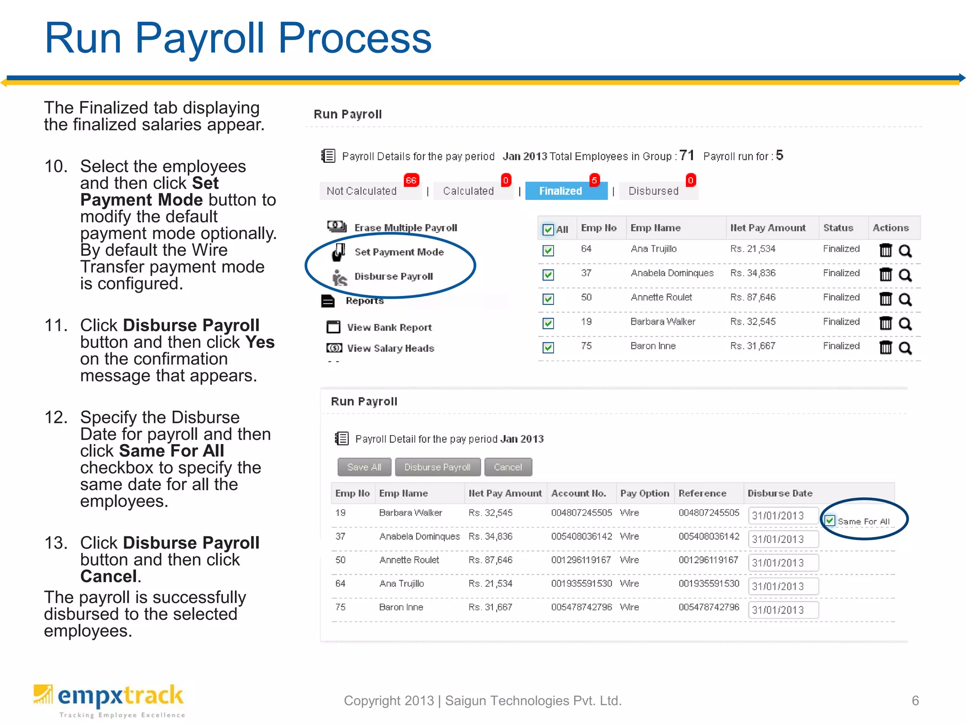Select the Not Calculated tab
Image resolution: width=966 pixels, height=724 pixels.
point(362,191)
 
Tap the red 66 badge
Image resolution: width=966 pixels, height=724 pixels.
point(411,180)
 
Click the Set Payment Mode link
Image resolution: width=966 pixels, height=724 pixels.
point(399,252)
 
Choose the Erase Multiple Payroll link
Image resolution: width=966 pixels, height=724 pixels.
point(405,228)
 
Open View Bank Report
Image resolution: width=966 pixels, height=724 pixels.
point(389,327)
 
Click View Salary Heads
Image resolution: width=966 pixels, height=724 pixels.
point(390,348)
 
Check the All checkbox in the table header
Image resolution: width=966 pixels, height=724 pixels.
point(548,230)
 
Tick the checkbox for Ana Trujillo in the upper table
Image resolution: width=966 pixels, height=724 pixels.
point(548,250)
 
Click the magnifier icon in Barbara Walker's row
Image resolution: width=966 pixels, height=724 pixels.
point(905,323)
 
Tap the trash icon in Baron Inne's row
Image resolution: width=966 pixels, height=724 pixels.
point(885,347)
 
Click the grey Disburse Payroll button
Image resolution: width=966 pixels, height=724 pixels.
point(437,467)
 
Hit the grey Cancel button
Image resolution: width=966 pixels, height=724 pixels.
point(508,467)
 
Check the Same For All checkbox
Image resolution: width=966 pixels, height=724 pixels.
point(830,521)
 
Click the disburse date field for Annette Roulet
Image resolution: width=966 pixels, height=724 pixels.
point(783,563)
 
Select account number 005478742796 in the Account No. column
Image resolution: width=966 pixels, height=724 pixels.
point(581,607)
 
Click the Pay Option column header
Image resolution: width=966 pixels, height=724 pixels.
point(644,493)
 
